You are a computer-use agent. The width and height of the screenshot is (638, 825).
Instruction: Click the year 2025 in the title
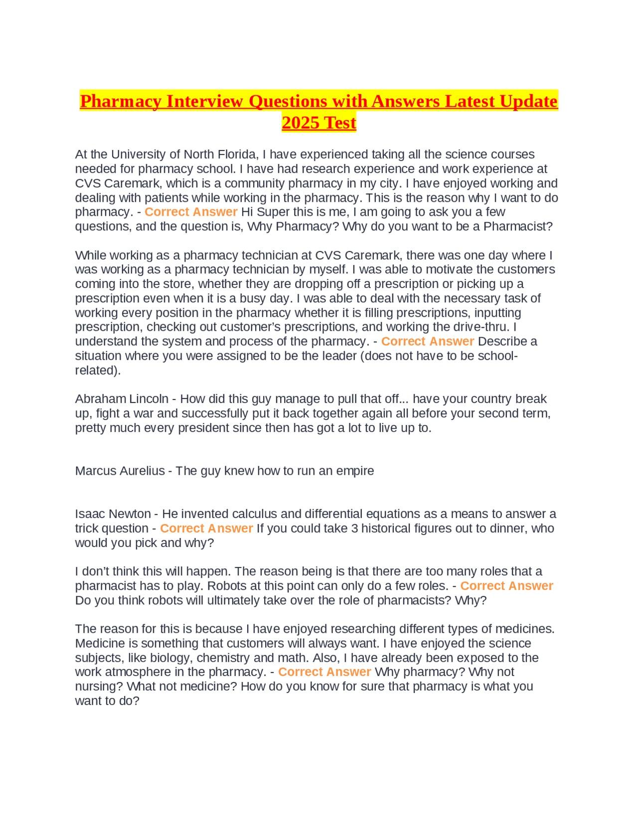click(301, 123)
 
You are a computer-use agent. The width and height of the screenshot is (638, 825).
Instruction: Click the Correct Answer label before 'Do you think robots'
click(506, 586)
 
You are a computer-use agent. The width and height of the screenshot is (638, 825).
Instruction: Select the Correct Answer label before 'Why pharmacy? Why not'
click(324, 672)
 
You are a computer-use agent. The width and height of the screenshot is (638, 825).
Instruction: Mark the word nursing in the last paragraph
click(98, 687)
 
